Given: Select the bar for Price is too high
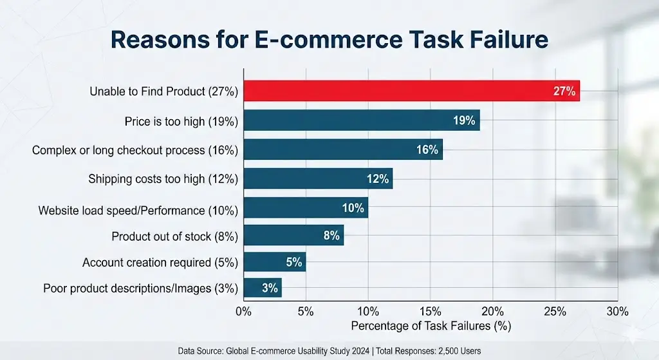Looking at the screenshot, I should pyautogui.click(x=360, y=120).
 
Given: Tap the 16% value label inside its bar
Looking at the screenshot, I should pyautogui.click(x=427, y=149).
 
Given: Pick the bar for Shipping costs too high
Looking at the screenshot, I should pyautogui.click(x=317, y=178).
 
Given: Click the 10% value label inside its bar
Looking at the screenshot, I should pyautogui.click(x=352, y=208).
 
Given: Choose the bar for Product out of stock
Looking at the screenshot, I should pyautogui.click(x=293, y=236).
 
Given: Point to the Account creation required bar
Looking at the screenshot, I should pyautogui.click(x=274, y=263).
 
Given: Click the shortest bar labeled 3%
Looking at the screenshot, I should pyautogui.click(x=262, y=289).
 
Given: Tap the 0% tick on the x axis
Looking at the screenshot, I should pyautogui.click(x=243, y=312).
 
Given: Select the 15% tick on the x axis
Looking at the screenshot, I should pyautogui.click(x=431, y=312).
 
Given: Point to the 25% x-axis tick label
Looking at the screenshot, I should pyautogui.click(x=555, y=312).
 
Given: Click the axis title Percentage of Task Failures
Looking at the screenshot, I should pyautogui.click(x=431, y=326).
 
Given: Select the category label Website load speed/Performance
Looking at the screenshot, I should pyautogui.click(x=138, y=210).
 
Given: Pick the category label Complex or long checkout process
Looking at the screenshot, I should pyautogui.click(x=135, y=151).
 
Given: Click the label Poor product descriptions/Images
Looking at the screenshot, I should pyautogui.click(x=140, y=289).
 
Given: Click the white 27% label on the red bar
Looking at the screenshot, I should pyautogui.click(x=564, y=91).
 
